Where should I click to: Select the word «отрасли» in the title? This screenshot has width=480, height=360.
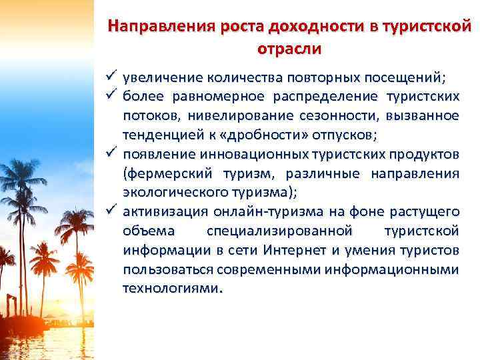[289, 49]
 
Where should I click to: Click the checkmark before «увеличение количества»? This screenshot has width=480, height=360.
[111, 78]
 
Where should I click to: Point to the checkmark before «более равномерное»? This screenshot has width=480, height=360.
[111, 97]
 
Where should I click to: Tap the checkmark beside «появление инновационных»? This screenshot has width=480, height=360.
[111, 155]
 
